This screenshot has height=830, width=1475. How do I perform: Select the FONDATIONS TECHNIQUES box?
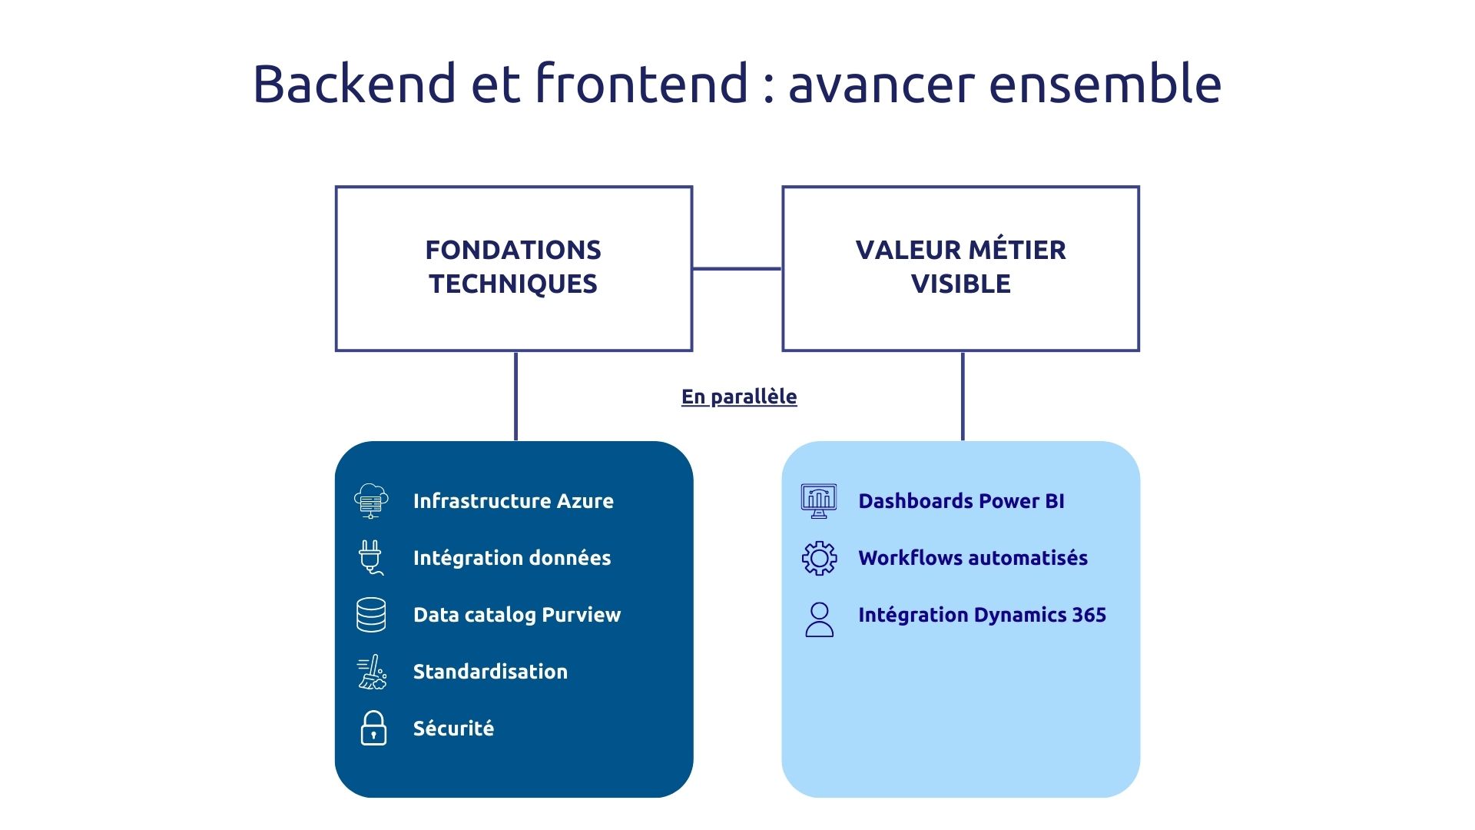513,267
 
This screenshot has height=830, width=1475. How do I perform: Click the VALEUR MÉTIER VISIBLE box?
960,267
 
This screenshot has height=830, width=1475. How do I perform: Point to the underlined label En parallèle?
739,397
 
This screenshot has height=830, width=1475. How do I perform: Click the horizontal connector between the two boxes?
737,268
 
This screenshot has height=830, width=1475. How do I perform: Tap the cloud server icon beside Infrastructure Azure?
371,501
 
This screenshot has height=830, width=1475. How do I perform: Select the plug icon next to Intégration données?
371,557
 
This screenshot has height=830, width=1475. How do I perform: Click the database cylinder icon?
371,615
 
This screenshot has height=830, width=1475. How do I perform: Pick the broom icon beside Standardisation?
373,672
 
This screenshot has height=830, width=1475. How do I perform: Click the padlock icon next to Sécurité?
373,728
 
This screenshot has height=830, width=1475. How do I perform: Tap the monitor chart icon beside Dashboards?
819,501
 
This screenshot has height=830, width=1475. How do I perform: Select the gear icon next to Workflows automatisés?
819,558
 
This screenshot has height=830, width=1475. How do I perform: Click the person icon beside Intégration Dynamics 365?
819,619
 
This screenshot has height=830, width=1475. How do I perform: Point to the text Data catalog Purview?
516,615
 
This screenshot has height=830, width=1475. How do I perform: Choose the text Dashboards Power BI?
961,501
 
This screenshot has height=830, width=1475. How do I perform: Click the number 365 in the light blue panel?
1089,615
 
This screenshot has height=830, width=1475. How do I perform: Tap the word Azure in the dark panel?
585,501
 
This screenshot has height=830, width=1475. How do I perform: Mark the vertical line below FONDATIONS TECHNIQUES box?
515,396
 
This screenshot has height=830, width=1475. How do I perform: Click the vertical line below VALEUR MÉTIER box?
963,396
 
